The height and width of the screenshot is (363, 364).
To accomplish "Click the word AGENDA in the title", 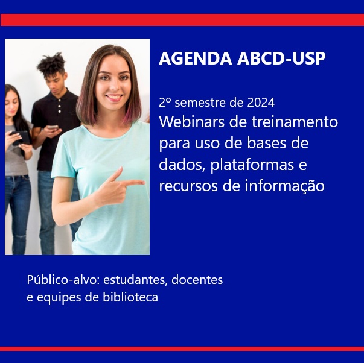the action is pyautogui.click(x=196, y=58).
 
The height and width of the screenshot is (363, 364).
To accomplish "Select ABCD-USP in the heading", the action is pyautogui.click(x=281, y=58).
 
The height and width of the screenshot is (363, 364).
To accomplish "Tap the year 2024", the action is pyautogui.click(x=261, y=103).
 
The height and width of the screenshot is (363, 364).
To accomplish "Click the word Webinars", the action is pyautogui.click(x=192, y=122).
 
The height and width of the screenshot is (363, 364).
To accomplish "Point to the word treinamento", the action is pyautogui.click(x=295, y=122).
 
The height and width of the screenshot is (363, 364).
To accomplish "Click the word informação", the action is pyautogui.click(x=285, y=186).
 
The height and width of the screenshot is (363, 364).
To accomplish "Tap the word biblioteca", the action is pyautogui.click(x=130, y=297).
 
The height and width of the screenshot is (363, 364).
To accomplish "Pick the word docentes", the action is pyautogui.click(x=197, y=280).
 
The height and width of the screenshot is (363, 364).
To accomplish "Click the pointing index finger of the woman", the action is pyautogui.click(x=133, y=183).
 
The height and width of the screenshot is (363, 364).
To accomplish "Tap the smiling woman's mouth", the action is pyautogui.click(x=114, y=97).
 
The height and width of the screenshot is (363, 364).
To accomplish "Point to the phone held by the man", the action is pyautogui.click(x=53, y=127).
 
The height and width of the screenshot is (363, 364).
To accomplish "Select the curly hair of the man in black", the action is pyautogui.click(x=51, y=63).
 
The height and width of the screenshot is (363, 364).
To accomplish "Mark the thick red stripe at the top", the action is pyautogui.click(x=182, y=20).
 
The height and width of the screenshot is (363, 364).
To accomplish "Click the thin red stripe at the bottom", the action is pyautogui.click(x=182, y=349).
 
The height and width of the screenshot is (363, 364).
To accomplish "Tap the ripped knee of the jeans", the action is pyautogui.click(x=20, y=237).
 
